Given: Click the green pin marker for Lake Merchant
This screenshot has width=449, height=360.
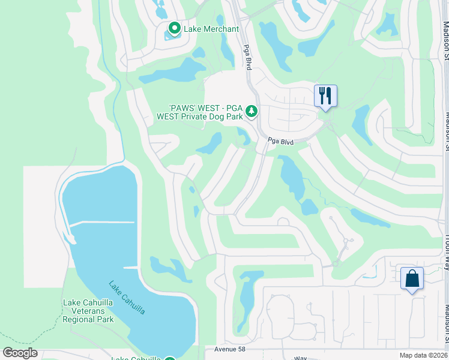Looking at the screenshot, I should (174, 28).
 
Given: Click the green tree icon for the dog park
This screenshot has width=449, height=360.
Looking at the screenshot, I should (252, 111).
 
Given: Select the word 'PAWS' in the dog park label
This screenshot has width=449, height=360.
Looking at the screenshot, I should (175, 108).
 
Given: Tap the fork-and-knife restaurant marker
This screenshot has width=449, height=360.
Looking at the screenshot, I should (325, 96).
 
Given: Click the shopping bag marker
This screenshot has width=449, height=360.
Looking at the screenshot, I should (412, 278).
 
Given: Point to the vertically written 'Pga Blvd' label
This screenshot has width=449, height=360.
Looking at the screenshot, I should (246, 57).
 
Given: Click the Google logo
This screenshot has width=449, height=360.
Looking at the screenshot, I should (19, 353).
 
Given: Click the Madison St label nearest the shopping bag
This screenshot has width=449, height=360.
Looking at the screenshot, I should (446, 318).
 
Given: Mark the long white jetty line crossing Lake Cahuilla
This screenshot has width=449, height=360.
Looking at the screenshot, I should (102, 223).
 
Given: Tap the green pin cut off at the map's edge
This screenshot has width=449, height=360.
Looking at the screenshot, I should (170, 358).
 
